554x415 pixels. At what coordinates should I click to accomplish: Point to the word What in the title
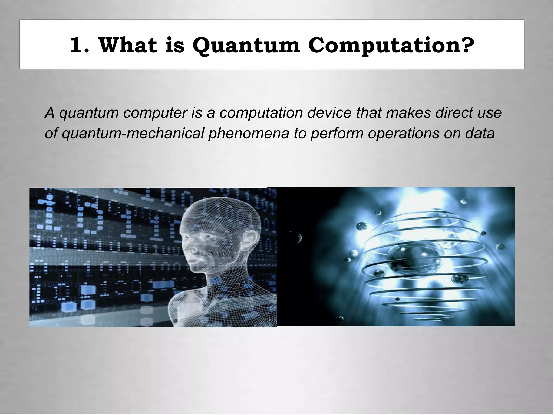(127, 45)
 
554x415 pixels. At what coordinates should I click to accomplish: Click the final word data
(480, 133)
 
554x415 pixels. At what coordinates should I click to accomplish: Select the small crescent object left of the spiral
(299, 238)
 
